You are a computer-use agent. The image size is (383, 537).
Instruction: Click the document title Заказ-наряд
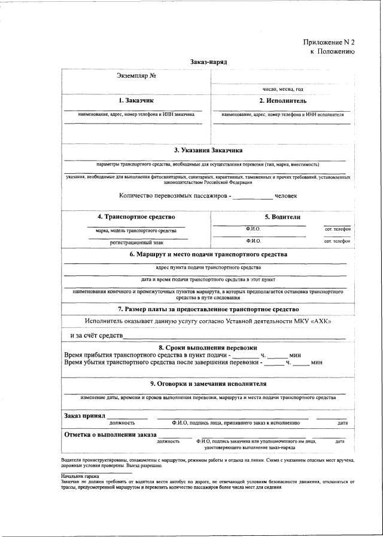click(x=209, y=62)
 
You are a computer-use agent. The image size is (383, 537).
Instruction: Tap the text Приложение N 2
click(x=329, y=42)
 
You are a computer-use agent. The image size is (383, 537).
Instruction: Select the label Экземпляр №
click(x=136, y=76)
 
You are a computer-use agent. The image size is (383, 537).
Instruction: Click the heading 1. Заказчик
click(x=136, y=100)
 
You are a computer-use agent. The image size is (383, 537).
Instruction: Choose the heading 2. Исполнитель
click(x=282, y=100)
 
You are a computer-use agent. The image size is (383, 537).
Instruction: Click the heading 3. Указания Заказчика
click(x=208, y=150)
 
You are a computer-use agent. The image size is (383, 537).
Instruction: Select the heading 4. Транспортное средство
click(x=136, y=216)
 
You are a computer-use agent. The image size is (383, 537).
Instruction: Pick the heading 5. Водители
click(x=282, y=216)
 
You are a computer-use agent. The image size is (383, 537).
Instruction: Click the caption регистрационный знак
click(x=136, y=243)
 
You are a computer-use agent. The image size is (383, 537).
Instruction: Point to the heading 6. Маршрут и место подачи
click(x=208, y=254)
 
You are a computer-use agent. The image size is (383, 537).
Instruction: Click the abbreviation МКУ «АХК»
click(x=312, y=321)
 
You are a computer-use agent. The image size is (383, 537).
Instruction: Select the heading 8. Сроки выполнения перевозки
click(x=208, y=348)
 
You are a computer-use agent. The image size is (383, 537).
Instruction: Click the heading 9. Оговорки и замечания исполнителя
click(x=208, y=383)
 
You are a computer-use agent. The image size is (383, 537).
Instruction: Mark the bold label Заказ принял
click(x=84, y=415)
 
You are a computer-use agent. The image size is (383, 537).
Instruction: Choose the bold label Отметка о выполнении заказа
click(x=110, y=434)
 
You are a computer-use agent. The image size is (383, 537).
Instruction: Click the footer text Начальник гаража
click(x=80, y=476)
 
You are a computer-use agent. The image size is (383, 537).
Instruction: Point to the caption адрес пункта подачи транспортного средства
click(x=208, y=268)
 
